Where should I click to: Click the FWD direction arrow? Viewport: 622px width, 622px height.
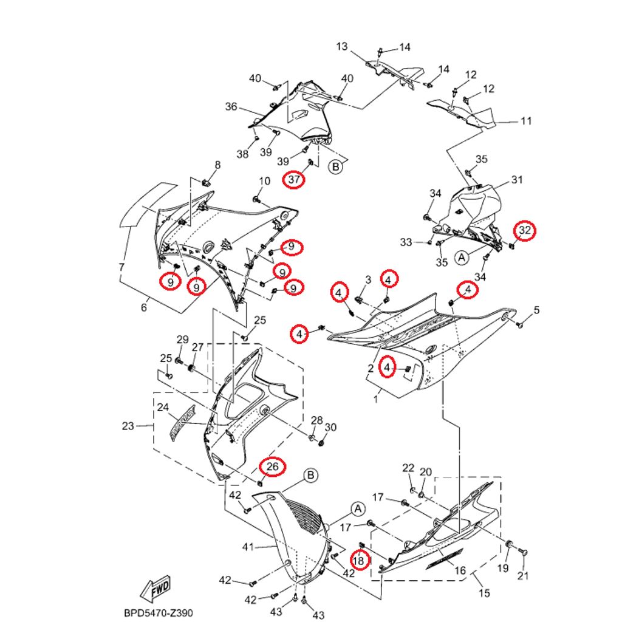point(156,586)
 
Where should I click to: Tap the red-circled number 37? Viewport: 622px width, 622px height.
point(295,180)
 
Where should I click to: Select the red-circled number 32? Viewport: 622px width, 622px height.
point(525,231)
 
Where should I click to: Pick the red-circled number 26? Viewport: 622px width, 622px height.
point(273,466)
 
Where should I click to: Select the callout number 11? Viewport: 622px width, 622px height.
point(525,121)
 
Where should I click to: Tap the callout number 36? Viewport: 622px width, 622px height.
point(231,107)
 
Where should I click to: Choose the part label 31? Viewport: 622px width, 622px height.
point(516,180)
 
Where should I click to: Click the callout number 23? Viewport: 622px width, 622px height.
point(128,426)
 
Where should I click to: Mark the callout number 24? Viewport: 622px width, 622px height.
point(163,408)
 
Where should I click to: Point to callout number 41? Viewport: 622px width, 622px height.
point(247,547)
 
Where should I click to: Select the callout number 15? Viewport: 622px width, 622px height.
point(484,592)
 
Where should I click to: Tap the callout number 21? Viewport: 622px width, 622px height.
point(523,576)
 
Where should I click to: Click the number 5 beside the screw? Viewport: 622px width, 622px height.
point(536,311)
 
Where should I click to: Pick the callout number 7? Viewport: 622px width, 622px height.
point(121,267)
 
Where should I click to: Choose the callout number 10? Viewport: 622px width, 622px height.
point(264,181)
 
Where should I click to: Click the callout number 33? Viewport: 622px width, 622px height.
point(406,242)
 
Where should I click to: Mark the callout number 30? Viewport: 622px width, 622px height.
point(330,427)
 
